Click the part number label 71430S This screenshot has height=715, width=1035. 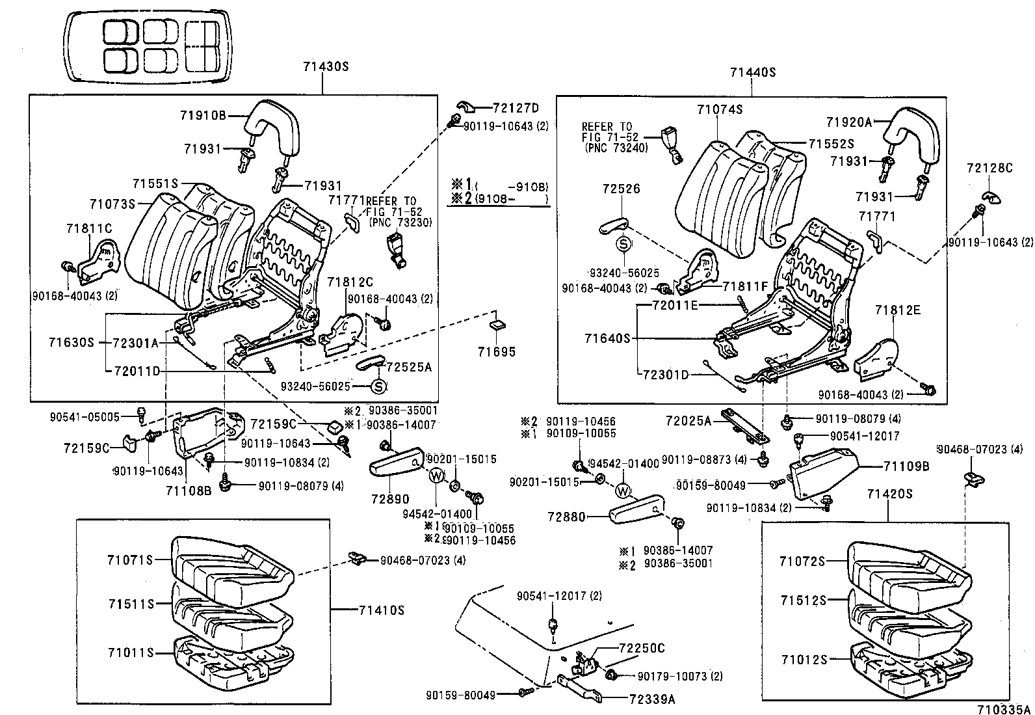click(x=326, y=66)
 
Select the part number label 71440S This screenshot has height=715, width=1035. click(x=753, y=72)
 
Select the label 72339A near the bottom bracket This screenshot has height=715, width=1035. click(x=652, y=699)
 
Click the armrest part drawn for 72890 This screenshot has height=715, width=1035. click(x=397, y=462)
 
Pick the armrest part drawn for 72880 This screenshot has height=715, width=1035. click(x=636, y=507)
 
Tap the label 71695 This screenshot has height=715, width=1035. click(x=496, y=352)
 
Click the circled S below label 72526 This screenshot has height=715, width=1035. click(x=623, y=244)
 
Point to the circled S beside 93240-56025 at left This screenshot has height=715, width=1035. click(x=378, y=387)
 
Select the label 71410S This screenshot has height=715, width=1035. click(x=382, y=610)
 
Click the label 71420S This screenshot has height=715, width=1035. click(x=889, y=494)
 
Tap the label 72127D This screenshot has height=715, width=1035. click(x=516, y=108)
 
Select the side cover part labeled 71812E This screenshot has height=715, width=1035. click(x=878, y=361)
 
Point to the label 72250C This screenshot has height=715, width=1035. click(x=642, y=648)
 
